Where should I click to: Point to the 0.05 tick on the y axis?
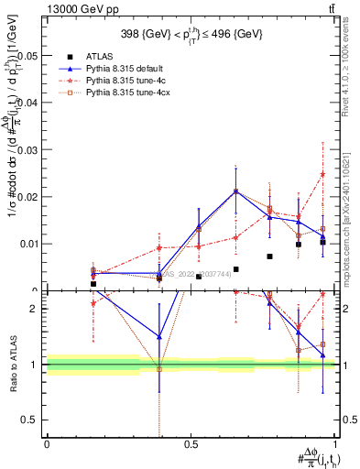(28, 56)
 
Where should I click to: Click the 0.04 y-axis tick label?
(28, 103)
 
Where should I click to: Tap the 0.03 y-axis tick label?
(28, 150)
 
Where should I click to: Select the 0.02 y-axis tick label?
(28, 197)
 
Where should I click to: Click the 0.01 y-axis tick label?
(28, 245)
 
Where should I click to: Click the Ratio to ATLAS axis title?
(12, 365)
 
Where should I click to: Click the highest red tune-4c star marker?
(322, 174)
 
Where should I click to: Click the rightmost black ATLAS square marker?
(322, 243)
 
